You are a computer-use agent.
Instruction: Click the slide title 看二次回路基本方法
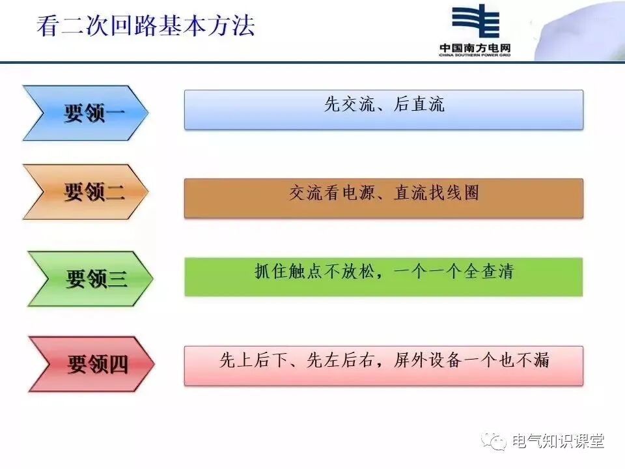(145, 27)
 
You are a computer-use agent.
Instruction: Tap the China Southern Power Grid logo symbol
(475, 23)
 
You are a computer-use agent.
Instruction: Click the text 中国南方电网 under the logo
(475, 48)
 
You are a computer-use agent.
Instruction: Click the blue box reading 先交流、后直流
(383, 109)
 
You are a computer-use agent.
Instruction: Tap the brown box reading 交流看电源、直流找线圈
(383, 198)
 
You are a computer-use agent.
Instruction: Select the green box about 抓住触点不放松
(383, 277)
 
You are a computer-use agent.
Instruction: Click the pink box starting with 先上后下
(383, 365)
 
